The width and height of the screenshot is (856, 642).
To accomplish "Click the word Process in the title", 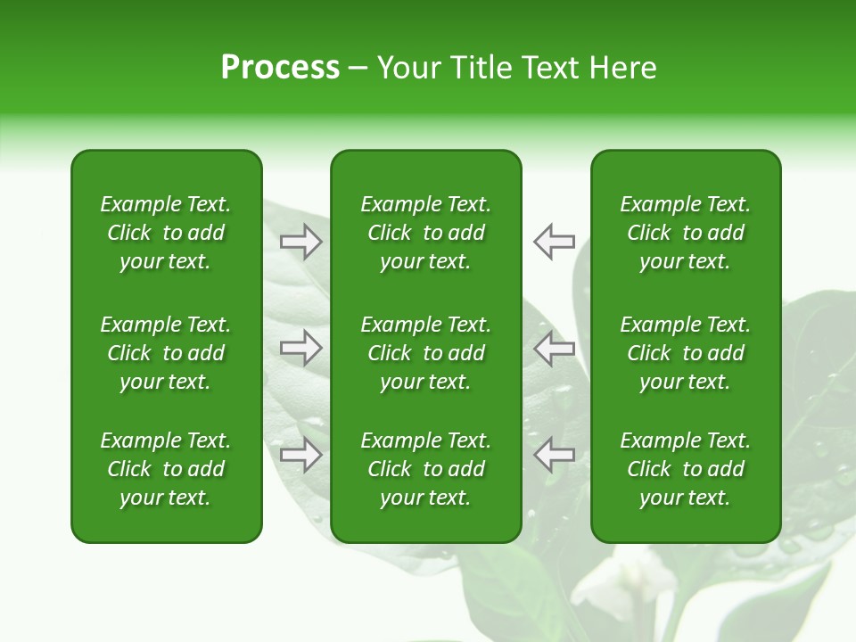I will pyautogui.click(x=280, y=68).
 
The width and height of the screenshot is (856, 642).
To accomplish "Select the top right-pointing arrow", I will pyautogui.click(x=301, y=241).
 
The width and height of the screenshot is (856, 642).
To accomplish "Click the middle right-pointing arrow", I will pyautogui.click(x=301, y=348).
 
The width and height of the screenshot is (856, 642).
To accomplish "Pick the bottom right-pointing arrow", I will pyautogui.click(x=301, y=455).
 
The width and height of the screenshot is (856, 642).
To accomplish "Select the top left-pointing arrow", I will pyautogui.click(x=554, y=241).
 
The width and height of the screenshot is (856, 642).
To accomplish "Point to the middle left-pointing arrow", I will pyautogui.click(x=554, y=348).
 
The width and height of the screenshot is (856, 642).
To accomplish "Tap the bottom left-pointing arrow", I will pyautogui.click(x=554, y=455).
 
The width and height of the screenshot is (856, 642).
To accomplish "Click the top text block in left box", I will pyautogui.click(x=166, y=233).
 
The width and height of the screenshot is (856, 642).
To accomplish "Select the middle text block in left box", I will pyautogui.click(x=166, y=353).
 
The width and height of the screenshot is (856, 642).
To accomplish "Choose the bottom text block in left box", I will pyautogui.click(x=166, y=469).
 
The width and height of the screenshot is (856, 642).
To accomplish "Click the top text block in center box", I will pyautogui.click(x=425, y=233).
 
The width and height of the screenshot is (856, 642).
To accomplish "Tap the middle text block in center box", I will pyautogui.click(x=425, y=353).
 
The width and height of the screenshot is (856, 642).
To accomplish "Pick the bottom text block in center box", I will pyautogui.click(x=425, y=469).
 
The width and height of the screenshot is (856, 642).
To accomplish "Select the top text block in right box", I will pyautogui.click(x=685, y=233).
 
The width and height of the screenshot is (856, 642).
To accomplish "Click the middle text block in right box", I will pyautogui.click(x=685, y=353).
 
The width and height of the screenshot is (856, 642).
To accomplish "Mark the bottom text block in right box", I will pyautogui.click(x=685, y=469).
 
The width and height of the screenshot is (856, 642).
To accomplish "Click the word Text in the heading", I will pyautogui.click(x=551, y=68).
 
